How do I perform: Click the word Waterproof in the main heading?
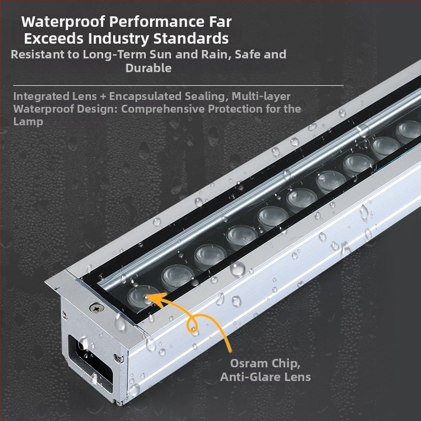(63, 22)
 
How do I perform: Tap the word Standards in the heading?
(191, 38)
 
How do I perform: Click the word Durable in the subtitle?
(148, 68)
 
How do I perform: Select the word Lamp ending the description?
(28, 122)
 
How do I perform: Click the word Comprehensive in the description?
(163, 109)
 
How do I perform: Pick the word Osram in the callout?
(249, 363)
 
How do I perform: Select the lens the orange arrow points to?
(142, 297)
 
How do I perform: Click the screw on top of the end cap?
(97, 308)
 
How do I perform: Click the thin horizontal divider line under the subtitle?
(178, 85)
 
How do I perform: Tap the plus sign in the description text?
(103, 97)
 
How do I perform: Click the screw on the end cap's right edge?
(119, 358)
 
